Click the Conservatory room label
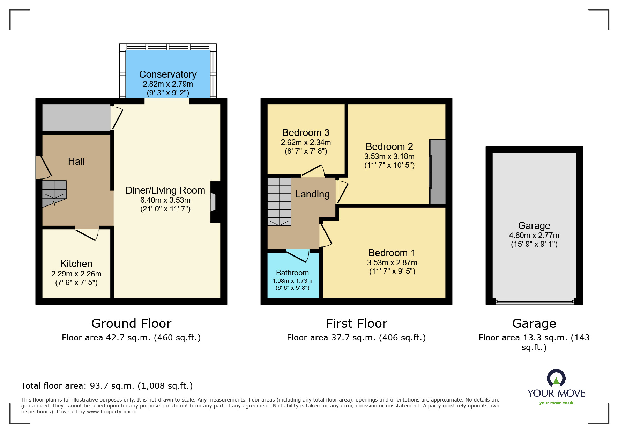point(168,74)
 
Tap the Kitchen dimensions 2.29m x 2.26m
point(76,274)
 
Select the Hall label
point(76,161)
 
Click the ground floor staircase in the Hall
point(54,193)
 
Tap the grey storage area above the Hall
point(76,118)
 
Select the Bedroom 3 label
point(306,133)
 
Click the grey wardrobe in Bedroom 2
point(438,172)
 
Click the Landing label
point(312,194)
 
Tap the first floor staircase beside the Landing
point(279,201)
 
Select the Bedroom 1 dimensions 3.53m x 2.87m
point(392,262)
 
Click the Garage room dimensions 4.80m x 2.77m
point(534,235)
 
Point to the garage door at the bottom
point(534,302)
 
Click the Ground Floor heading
point(131,323)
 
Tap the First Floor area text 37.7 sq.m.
point(356,337)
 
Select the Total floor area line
point(107,385)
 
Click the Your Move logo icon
point(556,378)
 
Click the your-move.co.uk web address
point(556,403)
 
